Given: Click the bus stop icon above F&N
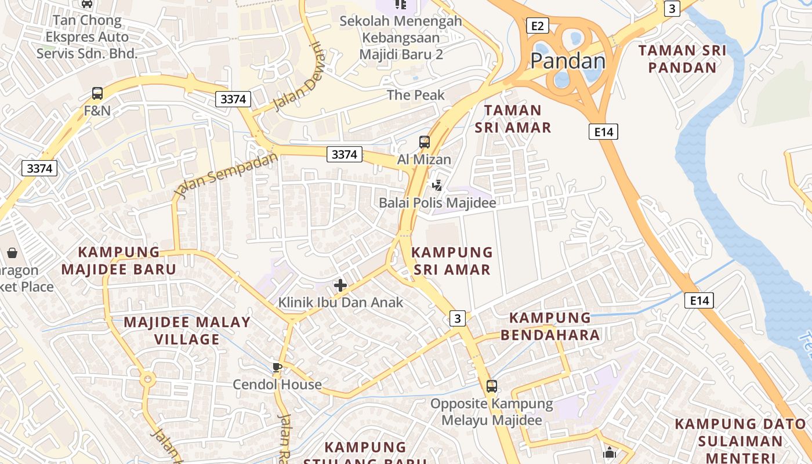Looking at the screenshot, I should tap(97, 93).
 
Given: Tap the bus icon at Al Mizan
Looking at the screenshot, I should tap(425, 142).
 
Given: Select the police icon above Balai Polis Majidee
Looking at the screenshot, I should tap(437, 186).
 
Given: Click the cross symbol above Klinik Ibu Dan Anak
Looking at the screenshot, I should tap(340, 285).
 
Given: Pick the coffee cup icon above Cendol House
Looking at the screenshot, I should tap(277, 367).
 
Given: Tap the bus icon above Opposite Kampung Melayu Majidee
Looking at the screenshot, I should tap(492, 386).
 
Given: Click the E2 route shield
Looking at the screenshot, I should tap(537, 26).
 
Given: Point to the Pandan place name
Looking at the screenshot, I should tap(567, 61).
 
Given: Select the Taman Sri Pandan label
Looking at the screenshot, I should tap(682, 59).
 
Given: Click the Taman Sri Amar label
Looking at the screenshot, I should tap(513, 119).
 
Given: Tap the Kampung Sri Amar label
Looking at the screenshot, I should tap(452, 261).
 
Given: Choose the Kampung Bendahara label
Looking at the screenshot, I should tap(550, 327).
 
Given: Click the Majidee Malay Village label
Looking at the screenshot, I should tap(187, 331).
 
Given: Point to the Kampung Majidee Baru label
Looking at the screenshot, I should tap(119, 261).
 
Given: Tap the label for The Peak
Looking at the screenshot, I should tap(415, 95).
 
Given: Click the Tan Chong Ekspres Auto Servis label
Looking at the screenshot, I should tap(87, 37).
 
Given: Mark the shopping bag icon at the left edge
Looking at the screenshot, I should tap(12, 253).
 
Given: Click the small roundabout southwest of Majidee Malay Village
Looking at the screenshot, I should tap(147, 380).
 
